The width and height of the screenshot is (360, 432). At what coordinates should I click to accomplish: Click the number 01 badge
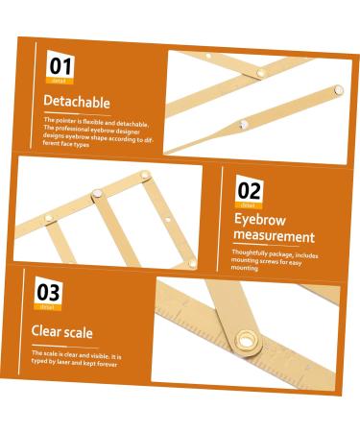coord(60,66)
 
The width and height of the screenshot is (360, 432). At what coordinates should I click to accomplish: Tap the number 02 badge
coord(249,190)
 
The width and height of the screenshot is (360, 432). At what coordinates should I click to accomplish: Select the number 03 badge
coord(50,292)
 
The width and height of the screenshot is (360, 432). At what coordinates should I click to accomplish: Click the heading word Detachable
coord(77,102)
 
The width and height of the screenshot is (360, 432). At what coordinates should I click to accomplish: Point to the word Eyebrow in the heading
coord(260,219)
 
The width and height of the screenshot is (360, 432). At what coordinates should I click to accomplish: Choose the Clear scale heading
coord(61,333)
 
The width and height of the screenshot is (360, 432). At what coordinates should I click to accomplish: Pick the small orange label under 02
coord(248,204)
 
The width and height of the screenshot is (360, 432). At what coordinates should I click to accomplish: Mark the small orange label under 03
coord(48,307)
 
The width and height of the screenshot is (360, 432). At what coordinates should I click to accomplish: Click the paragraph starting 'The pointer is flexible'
coord(96,132)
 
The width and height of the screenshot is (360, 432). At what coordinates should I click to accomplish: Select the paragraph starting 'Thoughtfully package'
coord(274,258)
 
